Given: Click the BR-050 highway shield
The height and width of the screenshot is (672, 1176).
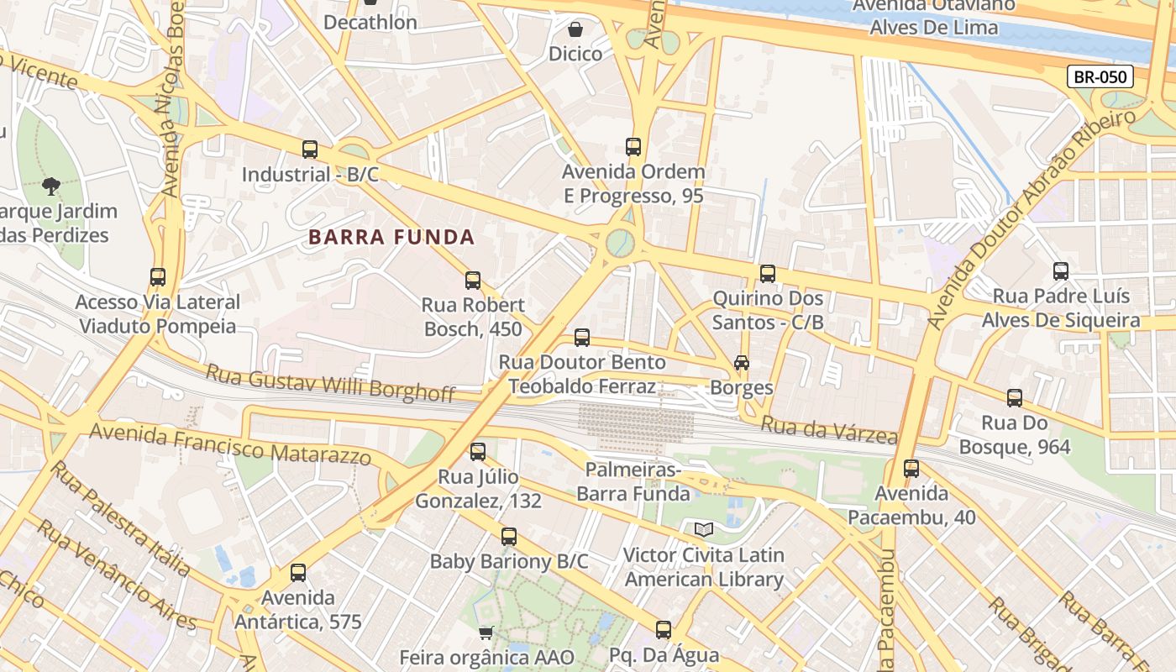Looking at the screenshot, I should point(1100,77).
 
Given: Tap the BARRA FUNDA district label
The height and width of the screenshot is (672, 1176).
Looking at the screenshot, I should point(391,237).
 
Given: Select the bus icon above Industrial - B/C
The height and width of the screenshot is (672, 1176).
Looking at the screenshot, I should point(310,150).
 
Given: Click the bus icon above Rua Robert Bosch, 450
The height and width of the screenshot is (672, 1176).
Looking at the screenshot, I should point(473,281).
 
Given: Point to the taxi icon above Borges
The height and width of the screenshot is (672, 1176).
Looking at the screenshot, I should point(741,363).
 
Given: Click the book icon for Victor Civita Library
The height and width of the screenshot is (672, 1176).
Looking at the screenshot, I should point(704,530).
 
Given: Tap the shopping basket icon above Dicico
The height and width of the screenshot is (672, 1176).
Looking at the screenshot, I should point(575,30).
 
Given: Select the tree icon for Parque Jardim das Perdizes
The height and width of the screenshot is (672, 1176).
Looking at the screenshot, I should point(51,186).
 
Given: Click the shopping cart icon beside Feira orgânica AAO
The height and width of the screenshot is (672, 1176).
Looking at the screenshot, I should point(486,633).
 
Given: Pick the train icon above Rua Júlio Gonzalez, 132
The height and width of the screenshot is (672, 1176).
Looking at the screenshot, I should point(478,452).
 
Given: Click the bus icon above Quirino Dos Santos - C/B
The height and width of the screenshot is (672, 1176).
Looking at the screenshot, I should point(768,274).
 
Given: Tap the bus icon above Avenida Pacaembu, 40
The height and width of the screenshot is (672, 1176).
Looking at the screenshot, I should point(911,469).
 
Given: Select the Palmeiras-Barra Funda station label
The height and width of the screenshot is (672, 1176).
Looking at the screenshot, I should point(633,480).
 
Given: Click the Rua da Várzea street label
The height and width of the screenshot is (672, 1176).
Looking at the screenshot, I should point(828,430).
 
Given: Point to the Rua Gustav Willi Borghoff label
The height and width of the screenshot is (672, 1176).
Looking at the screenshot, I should point(330,382).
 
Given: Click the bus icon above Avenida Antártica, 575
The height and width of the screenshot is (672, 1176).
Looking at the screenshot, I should point(298,573).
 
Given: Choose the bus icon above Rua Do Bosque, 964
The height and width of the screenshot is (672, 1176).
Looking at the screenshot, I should point(1015,398).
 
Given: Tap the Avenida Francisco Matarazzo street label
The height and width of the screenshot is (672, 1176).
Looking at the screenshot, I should point(229,444).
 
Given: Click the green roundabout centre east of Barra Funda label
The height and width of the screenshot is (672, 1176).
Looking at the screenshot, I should point(621,243).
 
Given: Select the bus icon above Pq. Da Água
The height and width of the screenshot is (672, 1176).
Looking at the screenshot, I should point(664,630).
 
